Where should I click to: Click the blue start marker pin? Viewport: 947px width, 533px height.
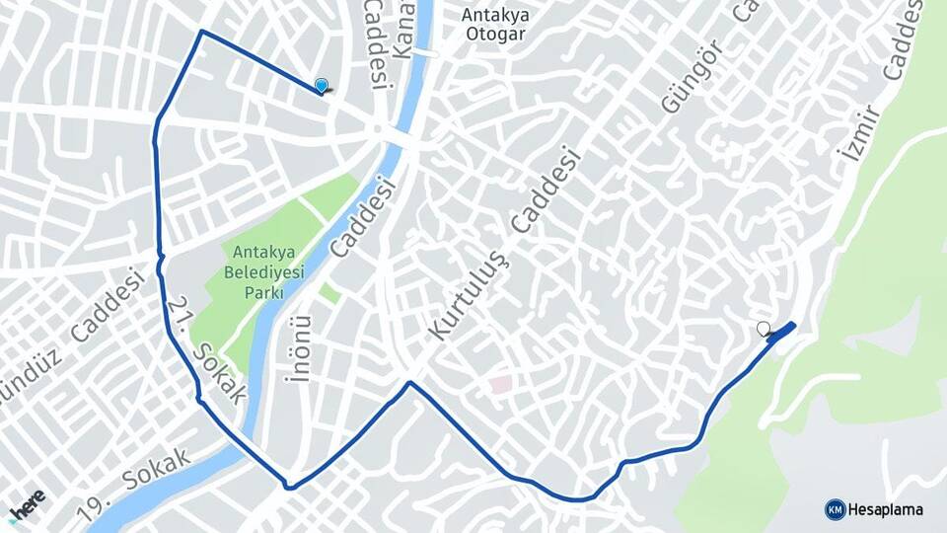tap(321, 86)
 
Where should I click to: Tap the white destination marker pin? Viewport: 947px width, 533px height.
tap(763, 329)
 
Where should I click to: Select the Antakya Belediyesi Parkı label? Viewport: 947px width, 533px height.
tap(263, 270)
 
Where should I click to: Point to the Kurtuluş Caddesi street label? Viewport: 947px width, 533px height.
tap(501, 245)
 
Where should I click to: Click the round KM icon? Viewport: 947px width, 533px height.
tap(835, 509)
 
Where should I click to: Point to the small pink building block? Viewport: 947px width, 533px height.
tap(501, 383)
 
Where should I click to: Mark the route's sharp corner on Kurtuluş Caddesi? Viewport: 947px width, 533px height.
tap(409, 383)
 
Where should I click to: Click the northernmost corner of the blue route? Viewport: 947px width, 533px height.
tap(202, 32)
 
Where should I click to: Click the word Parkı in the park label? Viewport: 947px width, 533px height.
tap(263, 293)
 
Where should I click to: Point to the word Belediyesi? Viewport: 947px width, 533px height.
tap(263, 270)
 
